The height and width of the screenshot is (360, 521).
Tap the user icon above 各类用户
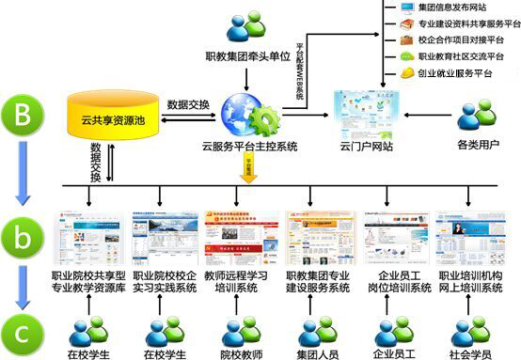pos(476,116)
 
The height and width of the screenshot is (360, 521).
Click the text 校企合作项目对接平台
pos(461,39)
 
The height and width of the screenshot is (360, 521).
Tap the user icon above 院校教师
pos(240,331)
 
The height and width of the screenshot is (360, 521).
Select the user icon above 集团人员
pos(317,331)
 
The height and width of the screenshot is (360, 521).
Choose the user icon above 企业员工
pos(393,331)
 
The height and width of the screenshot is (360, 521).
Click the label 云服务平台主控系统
pos(249,147)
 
